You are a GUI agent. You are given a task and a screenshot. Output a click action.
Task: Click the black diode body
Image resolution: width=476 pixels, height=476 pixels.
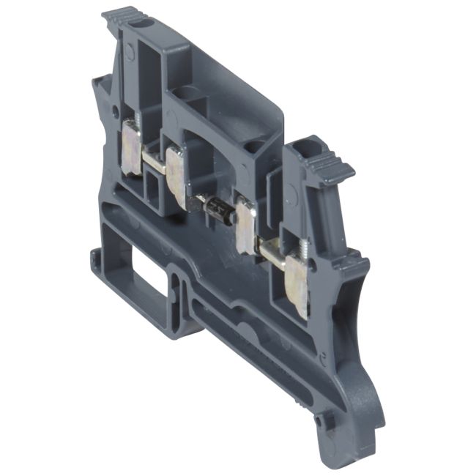219,210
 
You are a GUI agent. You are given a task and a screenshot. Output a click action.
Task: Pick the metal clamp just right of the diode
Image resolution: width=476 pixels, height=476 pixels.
246,221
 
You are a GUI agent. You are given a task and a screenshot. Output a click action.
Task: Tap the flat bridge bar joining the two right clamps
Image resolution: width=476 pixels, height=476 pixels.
272,256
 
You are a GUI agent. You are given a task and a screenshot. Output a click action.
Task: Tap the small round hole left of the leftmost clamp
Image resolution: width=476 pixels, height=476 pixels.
115,111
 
